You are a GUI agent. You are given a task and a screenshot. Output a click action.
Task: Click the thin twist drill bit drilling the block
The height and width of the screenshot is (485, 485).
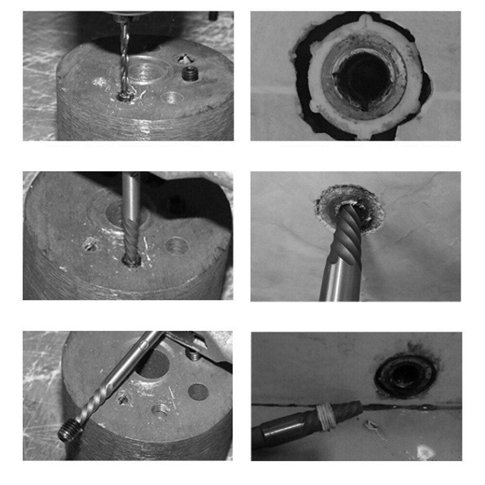pos(125,58)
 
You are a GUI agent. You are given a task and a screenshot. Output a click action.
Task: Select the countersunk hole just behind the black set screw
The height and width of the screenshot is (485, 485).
pos(185,59)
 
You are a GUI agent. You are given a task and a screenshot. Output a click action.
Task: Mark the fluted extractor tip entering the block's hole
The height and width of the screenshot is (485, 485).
pos(131,242)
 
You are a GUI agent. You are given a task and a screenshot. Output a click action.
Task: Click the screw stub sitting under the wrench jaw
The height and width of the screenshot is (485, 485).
pos(194,356)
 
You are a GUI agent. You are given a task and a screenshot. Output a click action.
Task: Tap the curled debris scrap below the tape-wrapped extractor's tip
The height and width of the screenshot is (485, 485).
pos(372,427)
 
